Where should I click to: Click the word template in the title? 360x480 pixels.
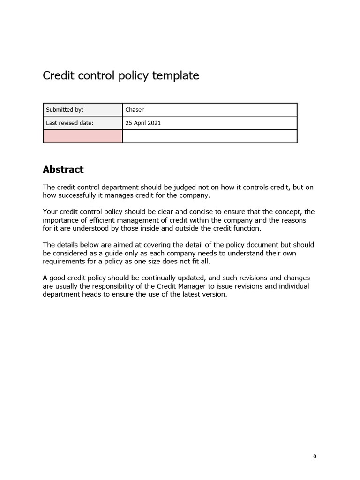click(x=175, y=75)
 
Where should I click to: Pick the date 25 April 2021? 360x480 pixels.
click(x=143, y=123)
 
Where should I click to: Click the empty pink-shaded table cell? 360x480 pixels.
click(x=82, y=136)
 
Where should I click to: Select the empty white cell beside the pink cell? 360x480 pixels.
click(x=210, y=136)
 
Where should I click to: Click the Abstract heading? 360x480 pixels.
click(x=63, y=169)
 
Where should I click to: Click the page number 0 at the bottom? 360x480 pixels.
click(x=315, y=457)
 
